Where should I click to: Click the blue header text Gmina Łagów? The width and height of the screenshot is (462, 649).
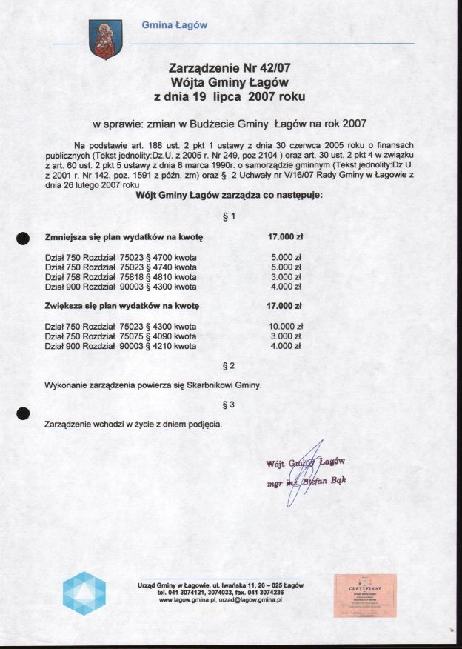tap(175, 25)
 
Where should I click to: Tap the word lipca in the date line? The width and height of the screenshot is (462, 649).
tap(227, 96)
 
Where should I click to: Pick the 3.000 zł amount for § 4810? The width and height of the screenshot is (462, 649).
tap(286, 277)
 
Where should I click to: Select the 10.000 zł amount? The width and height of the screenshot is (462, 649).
tap(284, 326)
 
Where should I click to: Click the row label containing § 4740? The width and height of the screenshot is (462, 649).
tap(121, 267)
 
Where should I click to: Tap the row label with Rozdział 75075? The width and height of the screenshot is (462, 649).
tap(121, 336)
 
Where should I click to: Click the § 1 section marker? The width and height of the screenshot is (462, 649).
tap(229, 216)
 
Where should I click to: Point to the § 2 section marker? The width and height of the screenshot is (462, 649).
tap(229, 366)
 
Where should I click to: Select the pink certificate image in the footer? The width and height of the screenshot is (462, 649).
tap(364, 595)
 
